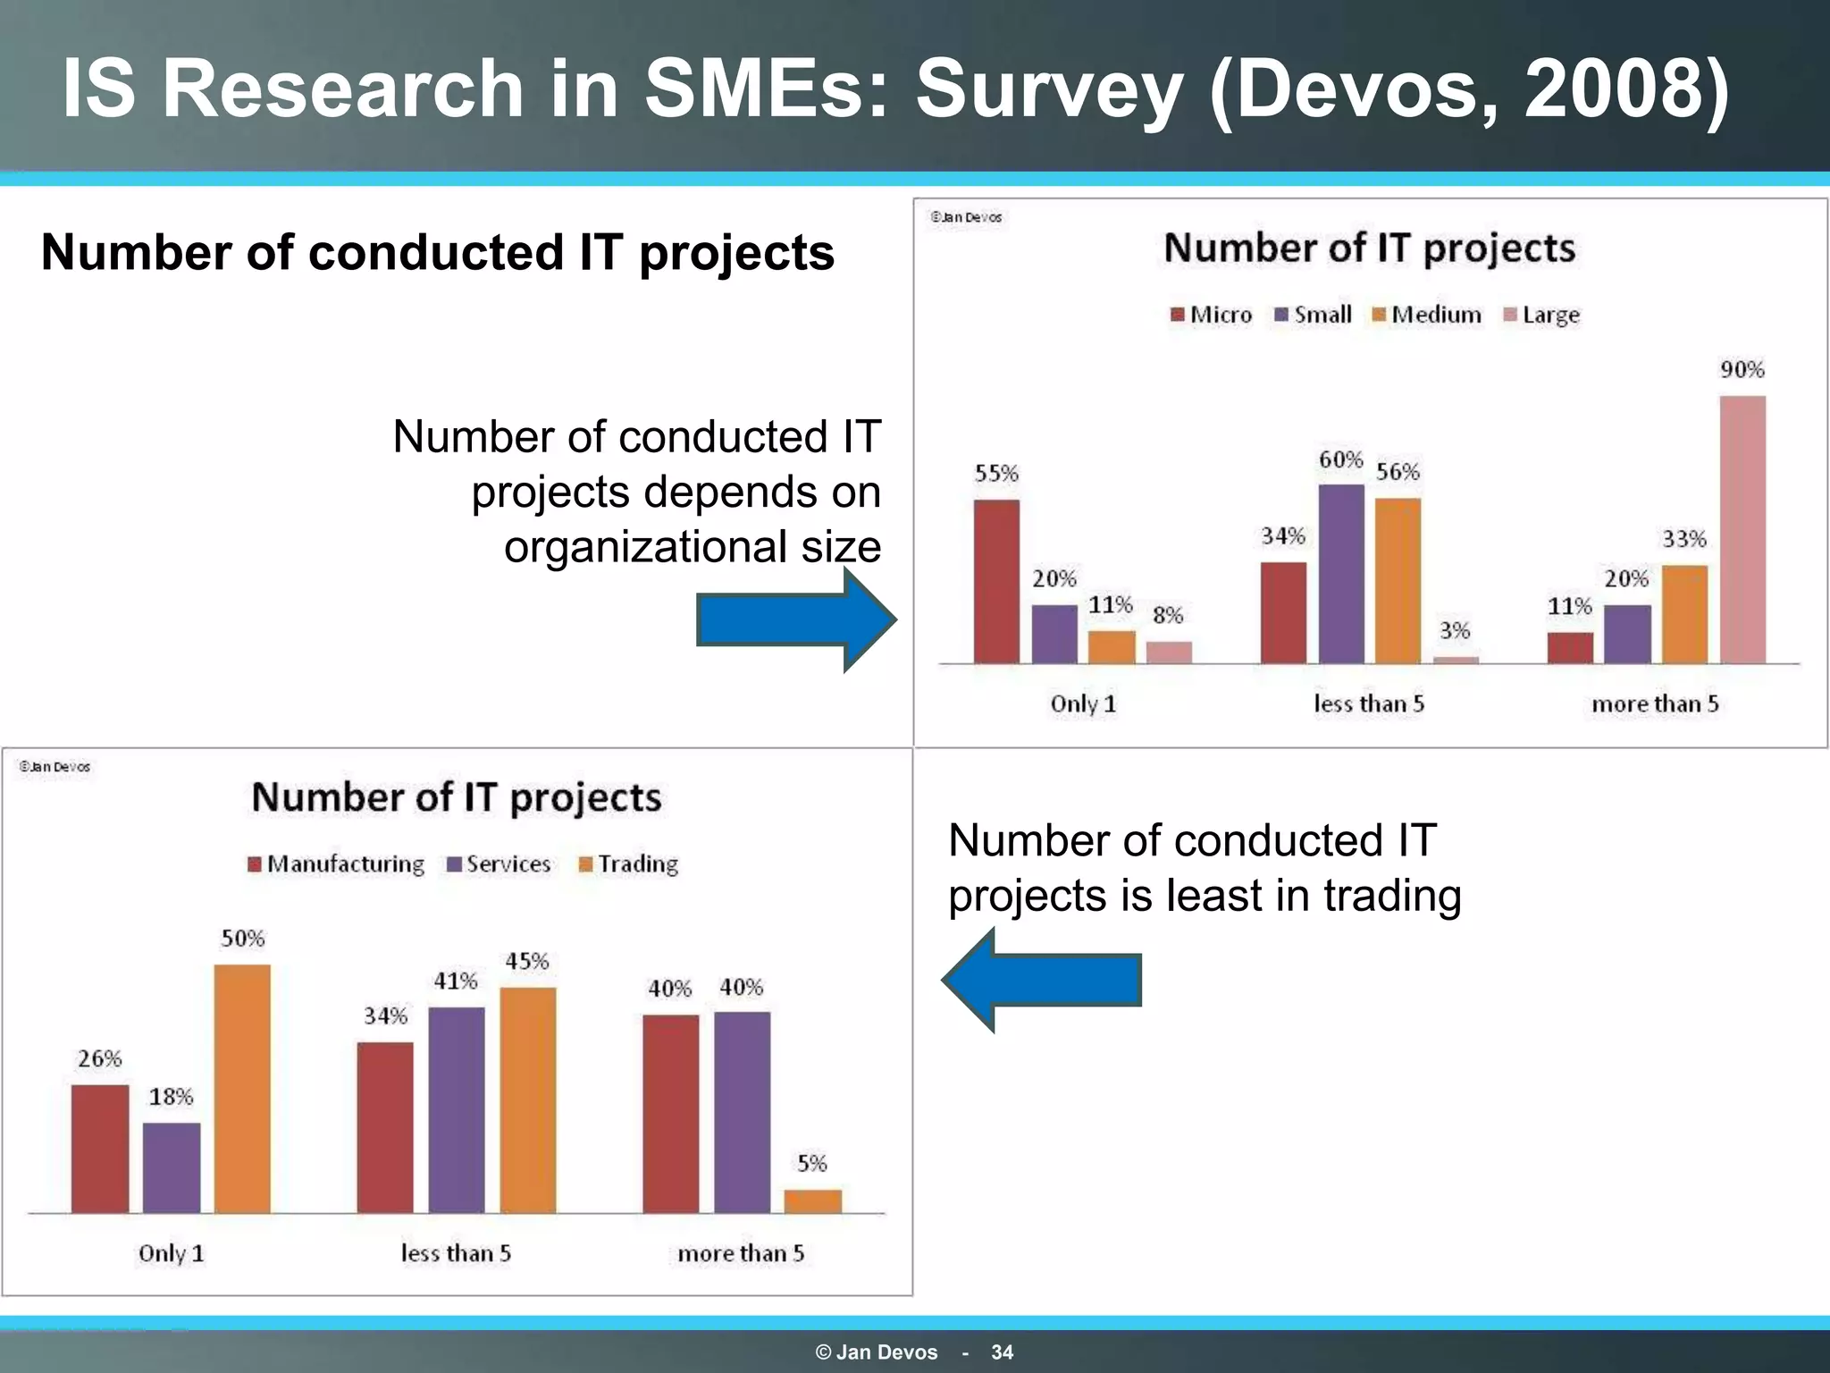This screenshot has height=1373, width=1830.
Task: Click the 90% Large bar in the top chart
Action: click(x=1742, y=529)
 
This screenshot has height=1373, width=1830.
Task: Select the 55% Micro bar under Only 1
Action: click(x=996, y=581)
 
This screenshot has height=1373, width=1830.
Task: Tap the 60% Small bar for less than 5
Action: click(x=1341, y=574)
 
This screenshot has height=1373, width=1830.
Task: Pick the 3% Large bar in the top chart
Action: click(x=1456, y=660)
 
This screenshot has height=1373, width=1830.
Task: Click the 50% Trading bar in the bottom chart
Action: click(x=242, y=1089)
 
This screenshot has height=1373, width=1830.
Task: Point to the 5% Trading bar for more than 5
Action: click(x=812, y=1200)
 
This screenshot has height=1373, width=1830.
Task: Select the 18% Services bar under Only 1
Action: click(x=172, y=1167)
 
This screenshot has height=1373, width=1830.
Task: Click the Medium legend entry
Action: click(x=1427, y=315)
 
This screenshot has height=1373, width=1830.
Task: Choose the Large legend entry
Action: click(x=1542, y=315)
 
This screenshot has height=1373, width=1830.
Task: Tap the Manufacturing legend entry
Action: click(x=336, y=863)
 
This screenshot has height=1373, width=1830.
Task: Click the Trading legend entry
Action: click(x=629, y=863)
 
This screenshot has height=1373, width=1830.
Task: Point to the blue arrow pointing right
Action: click(x=795, y=620)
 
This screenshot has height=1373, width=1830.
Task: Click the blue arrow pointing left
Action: click(x=1042, y=980)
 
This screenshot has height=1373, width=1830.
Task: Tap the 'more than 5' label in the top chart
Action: click(x=1655, y=703)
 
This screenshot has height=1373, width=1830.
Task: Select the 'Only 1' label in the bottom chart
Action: click(x=171, y=1253)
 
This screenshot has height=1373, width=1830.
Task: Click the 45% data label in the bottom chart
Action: click(x=527, y=961)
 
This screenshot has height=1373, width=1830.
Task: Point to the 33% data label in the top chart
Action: click(x=1684, y=539)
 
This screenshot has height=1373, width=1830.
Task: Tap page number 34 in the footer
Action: click(x=1002, y=1352)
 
